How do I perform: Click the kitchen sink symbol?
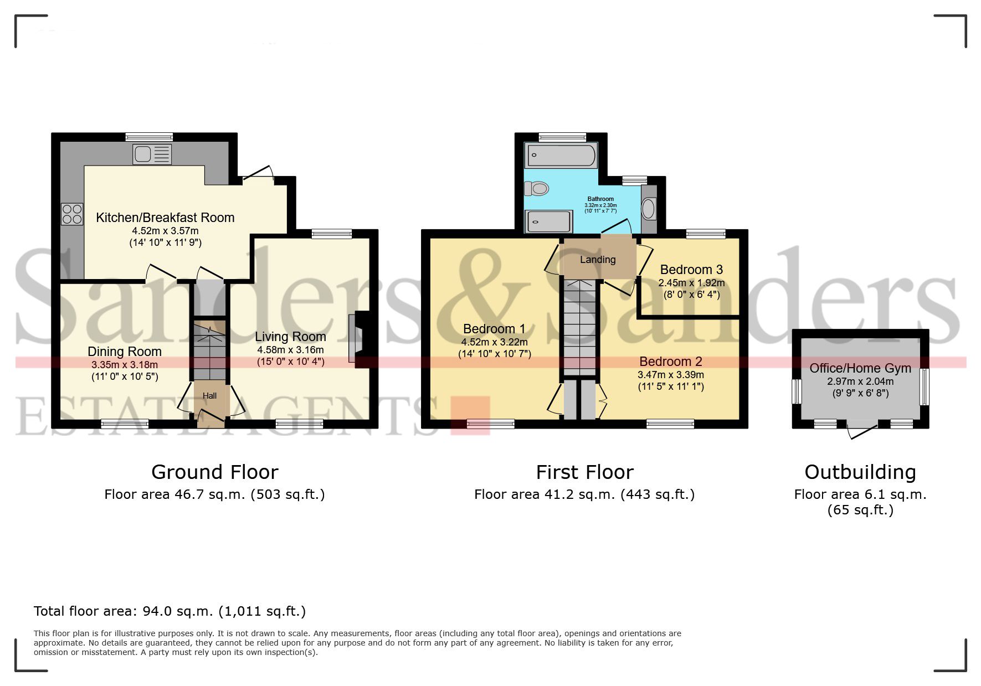152,154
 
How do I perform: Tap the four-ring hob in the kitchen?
72,214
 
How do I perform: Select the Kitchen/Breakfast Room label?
165,218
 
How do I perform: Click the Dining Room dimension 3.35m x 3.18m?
125,365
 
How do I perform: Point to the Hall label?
209,396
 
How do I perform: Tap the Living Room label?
290,337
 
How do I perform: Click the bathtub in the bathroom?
561,155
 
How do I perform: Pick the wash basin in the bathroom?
648,209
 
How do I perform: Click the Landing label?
598,260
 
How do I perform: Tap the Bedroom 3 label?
691,270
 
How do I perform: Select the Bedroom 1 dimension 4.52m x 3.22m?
494,342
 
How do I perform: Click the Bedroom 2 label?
670,362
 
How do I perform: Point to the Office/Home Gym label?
860,368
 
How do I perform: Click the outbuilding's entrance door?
862,431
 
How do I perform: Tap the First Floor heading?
584,472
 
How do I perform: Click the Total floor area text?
170,611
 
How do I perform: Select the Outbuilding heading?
860,472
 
